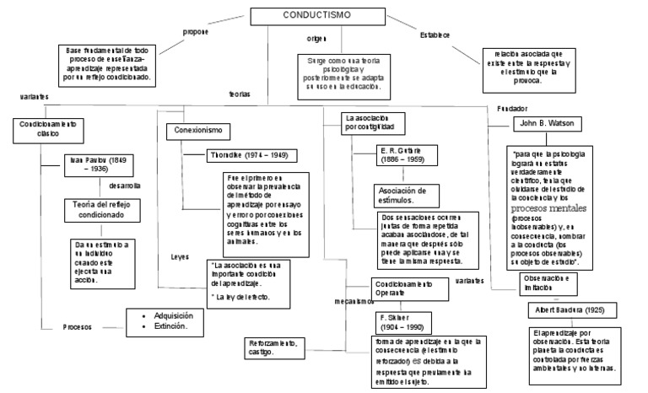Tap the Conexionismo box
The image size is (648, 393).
pos(198,132)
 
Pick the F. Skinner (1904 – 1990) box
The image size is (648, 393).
pos(403,321)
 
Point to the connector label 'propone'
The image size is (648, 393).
pos(195,32)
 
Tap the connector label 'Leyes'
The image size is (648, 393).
pos(180,256)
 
